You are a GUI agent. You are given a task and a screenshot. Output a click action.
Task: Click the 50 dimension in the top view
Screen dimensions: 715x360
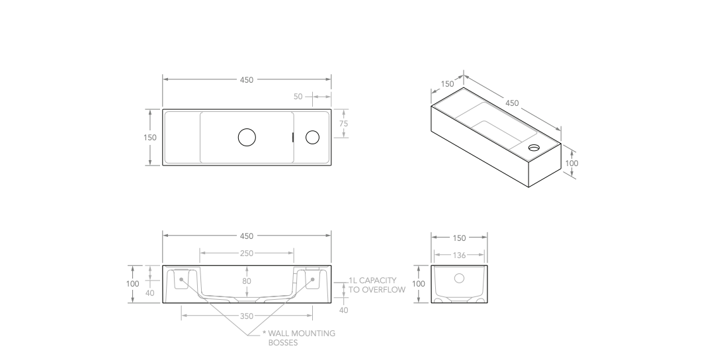[x=298, y=97]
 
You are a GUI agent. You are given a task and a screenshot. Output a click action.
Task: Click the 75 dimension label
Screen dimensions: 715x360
[x=343, y=124]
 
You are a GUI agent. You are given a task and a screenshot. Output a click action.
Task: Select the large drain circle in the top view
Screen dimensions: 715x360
[x=247, y=138]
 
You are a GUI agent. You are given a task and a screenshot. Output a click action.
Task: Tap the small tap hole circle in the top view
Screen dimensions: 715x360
[x=312, y=138]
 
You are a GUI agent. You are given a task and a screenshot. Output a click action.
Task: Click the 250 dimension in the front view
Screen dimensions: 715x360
[x=247, y=253]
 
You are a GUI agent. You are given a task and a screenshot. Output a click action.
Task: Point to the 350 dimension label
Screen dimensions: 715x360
[x=247, y=316]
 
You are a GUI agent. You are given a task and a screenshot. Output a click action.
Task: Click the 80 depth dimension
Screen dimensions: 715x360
[x=247, y=281]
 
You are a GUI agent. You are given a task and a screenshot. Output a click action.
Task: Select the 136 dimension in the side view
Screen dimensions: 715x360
[x=459, y=255]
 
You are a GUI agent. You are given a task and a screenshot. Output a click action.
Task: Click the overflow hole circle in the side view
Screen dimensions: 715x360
[x=459, y=279]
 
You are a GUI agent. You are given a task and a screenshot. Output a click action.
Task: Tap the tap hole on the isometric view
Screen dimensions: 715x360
[x=534, y=148]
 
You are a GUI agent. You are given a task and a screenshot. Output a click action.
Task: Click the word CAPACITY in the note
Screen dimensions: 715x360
[x=378, y=281]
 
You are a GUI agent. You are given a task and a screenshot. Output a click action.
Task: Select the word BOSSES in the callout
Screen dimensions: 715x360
[x=282, y=343]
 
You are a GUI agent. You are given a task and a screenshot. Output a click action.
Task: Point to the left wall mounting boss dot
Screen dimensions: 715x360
[x=181, y=279]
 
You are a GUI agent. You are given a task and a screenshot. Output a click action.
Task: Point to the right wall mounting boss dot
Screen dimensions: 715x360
[x=312, y=279]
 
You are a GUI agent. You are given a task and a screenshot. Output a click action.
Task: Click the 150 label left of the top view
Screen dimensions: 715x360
[x=150, y=138]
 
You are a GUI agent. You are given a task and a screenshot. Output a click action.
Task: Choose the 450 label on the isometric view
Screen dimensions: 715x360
[x=512, y=103]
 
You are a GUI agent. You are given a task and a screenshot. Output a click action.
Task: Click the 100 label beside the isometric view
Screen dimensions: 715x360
[x=572, y=163]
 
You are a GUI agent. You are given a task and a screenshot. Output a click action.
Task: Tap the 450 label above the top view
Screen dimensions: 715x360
[x=247, y=80]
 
